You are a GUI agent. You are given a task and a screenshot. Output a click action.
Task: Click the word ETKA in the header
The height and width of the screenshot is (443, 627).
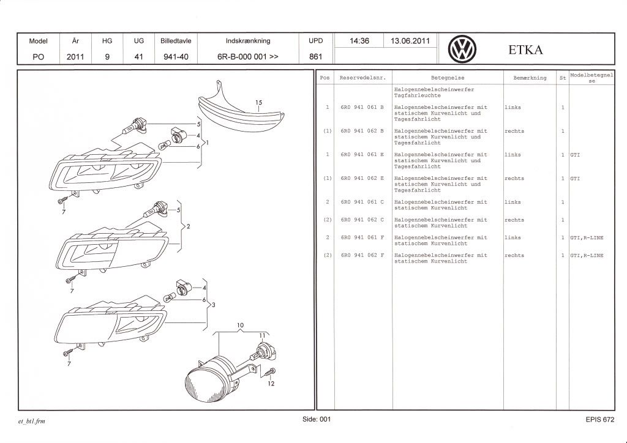coord(525,50)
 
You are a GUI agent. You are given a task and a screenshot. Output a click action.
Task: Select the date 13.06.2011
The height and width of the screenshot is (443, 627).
coord(410,41)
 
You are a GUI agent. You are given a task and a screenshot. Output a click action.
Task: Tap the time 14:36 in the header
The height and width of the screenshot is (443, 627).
coord(359,41)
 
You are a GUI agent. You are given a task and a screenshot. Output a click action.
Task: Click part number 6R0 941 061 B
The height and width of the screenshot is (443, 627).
coord(362,107)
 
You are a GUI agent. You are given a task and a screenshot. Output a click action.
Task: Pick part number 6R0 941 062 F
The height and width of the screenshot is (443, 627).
coord(362,255)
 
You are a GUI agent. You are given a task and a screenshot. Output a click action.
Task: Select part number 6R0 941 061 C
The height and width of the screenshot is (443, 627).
coord(362,202)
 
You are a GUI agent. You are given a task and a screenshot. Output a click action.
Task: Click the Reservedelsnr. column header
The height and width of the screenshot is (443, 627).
coord(362,78)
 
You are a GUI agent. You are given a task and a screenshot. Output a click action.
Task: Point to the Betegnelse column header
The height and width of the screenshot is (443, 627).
coord(448,78)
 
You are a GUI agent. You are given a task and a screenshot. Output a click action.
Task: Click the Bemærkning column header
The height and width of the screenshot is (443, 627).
coord(530,78)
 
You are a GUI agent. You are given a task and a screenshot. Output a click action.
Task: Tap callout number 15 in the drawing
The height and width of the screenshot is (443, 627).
coord(258,102)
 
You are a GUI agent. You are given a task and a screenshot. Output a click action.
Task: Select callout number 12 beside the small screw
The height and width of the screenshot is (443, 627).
coord(271,384)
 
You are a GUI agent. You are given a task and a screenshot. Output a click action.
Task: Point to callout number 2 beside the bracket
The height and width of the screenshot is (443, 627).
coord(189,226)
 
